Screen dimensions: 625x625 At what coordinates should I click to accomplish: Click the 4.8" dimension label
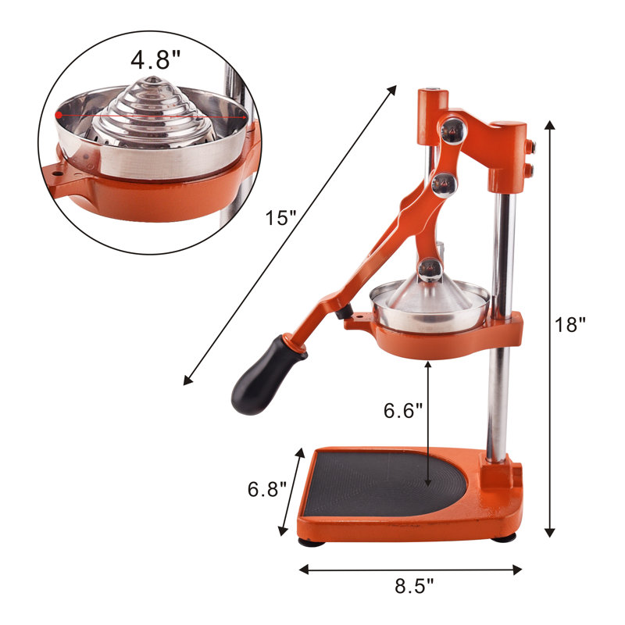tap(155, 60)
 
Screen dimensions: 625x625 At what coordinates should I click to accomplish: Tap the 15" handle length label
tap(281, 218)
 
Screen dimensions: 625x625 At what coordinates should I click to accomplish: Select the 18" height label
tap(570, 324)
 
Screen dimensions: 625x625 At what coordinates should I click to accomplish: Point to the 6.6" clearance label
tap(402, 409)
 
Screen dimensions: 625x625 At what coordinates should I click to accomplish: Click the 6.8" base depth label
tap(267, 489)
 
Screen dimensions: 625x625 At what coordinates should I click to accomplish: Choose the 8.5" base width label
tap(414, 586)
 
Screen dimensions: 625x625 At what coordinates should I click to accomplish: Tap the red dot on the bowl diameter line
tap(59, 115)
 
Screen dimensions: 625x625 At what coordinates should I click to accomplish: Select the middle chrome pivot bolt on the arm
tap(444, 184)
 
